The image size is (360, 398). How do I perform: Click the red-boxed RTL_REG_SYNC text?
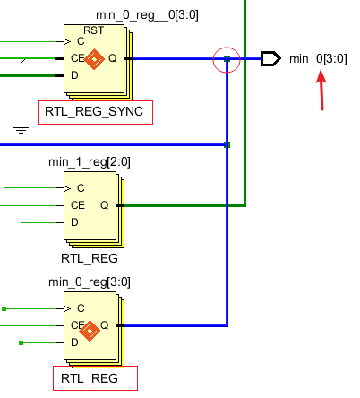[x=95, y=112]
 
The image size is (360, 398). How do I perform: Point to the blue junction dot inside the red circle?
[x=227, y=59]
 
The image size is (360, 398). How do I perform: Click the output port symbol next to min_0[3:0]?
[x=270, y=59]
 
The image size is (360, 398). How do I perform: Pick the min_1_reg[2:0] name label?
[x=90, y=163]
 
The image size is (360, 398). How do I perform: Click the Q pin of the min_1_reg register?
[x=104, y=204]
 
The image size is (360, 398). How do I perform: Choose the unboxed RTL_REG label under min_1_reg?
[x=90, y=259]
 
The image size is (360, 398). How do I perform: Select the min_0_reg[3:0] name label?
[x=90, y=281]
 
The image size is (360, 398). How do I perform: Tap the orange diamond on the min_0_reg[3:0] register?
[x=90, y=332]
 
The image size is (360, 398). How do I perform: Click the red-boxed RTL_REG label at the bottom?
[x=90, y=379]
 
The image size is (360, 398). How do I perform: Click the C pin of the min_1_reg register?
[x=81, y=188]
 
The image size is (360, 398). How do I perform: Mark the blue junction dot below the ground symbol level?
[x=227, y=144]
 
